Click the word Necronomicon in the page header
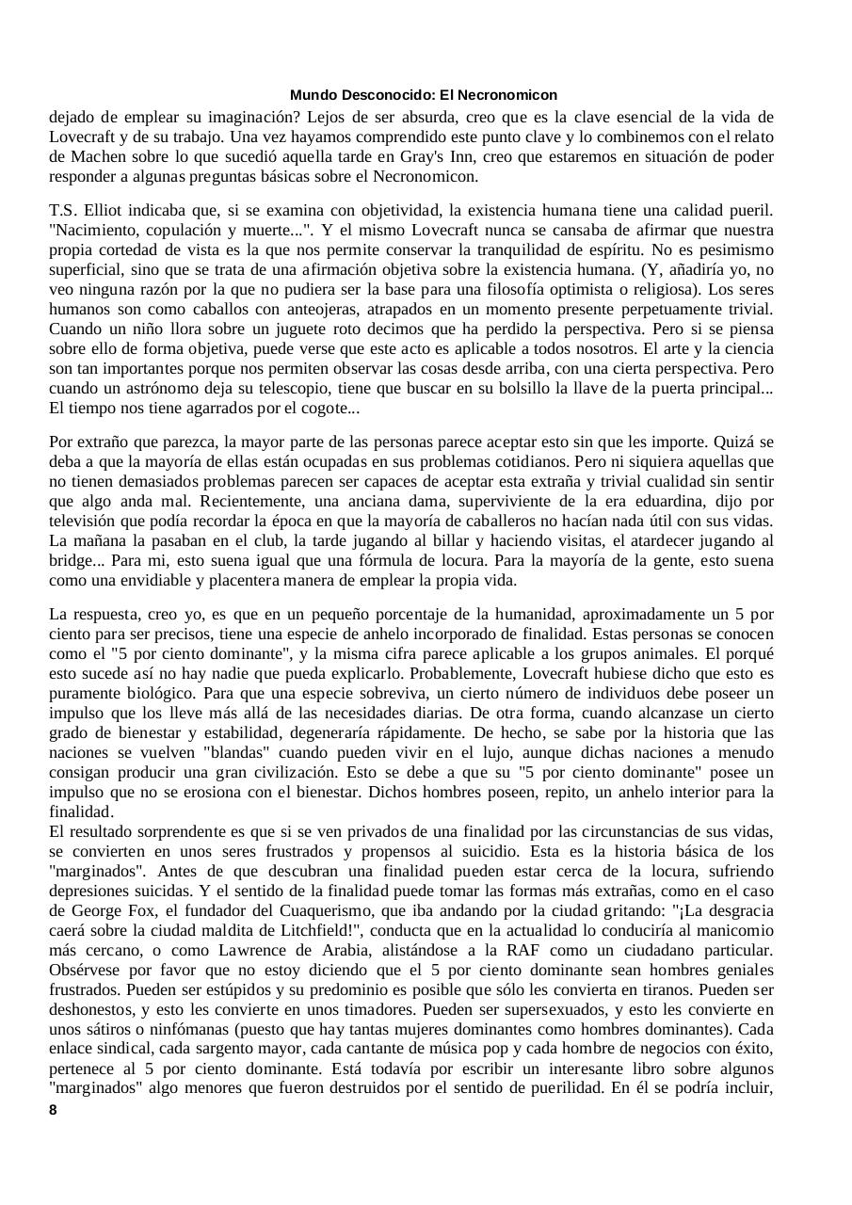pos(513,95)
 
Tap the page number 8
pos(53,1110)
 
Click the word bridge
pos(72,560)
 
